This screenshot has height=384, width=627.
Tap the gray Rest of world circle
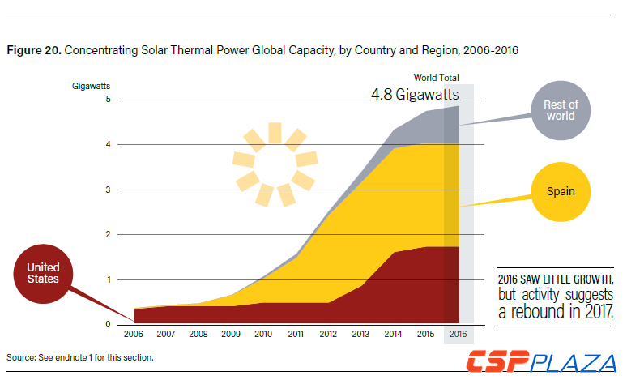[x=560, y=110]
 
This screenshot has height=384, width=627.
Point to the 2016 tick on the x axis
[x=458, y=334]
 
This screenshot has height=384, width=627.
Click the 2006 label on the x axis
[x=133, y=334]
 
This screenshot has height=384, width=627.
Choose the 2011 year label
[x=296, y=334]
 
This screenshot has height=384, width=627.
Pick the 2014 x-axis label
[x=393, y=334]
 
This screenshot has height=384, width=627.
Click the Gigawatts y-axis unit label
[x=91, y=85]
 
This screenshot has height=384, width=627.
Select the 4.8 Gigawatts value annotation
[x=415, y=95]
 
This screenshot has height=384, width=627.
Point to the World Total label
[x=437, y=78]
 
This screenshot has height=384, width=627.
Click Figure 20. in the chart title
[x=33, y=50]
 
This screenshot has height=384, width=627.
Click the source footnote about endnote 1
[x=79, y=357]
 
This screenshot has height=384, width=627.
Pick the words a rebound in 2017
[x=555, y=311]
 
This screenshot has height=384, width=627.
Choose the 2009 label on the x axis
[x=231, y=334]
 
